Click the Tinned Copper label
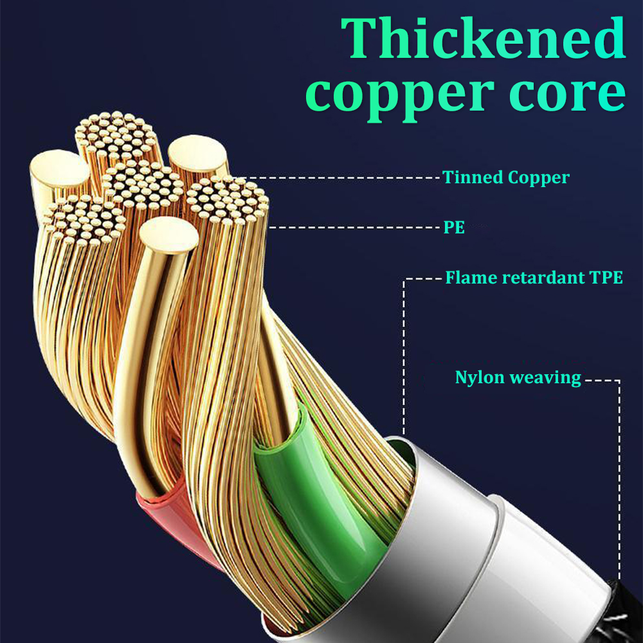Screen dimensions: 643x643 click(506, 178)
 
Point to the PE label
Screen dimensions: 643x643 click(455, 227)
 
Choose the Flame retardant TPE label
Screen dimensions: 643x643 click(534, 278)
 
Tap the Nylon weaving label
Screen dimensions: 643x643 click(518, 377)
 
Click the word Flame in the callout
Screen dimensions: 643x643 click(471, 278)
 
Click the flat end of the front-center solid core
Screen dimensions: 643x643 click(168, 235)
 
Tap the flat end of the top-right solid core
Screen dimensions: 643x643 click(197, 154)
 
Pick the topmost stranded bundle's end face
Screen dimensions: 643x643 click(116, 135)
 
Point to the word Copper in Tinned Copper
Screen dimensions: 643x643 click(538, 178)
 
